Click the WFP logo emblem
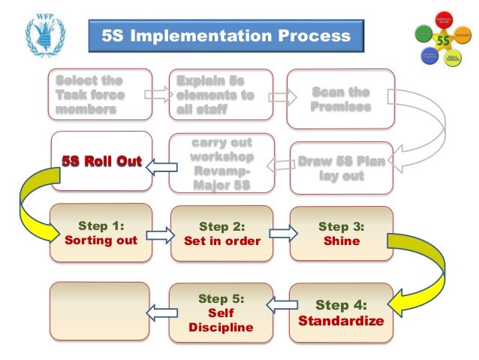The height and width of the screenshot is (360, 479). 44,34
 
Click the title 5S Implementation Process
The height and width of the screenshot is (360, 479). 225,36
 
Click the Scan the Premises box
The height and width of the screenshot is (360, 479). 341,99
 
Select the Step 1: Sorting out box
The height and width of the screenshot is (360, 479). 101,232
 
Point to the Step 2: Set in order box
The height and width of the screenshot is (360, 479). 221,233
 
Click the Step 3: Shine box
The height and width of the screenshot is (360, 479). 341,233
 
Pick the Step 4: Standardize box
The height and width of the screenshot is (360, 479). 341,313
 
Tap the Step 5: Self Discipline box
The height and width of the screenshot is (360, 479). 221,312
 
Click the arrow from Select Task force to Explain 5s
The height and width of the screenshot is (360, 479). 158,95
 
